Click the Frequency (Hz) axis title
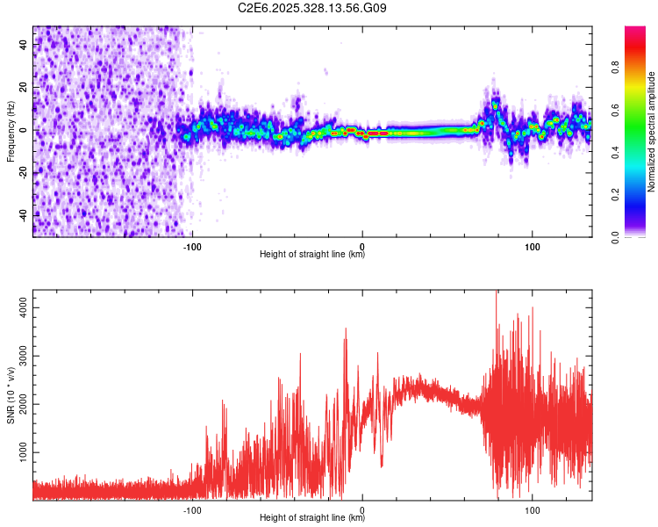click(11, 131)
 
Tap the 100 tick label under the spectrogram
click(532, 247)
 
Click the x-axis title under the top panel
click(312, 255)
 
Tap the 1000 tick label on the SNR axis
click(19, 452)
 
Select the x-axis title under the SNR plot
click(312, 518)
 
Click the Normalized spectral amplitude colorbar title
click(652, 132)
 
